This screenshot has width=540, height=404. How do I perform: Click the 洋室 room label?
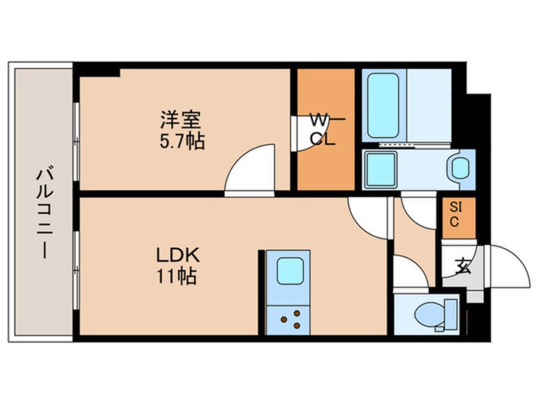(181, 119)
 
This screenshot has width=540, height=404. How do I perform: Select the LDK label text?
(179, 256)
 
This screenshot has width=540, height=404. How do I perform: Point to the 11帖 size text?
(179, 277)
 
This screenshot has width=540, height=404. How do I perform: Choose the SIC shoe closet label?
(456, 215)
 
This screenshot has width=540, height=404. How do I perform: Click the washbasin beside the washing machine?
(460, 168)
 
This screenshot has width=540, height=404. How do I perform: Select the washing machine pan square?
(380, 170)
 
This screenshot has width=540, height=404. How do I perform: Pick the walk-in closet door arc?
(303, 131)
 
